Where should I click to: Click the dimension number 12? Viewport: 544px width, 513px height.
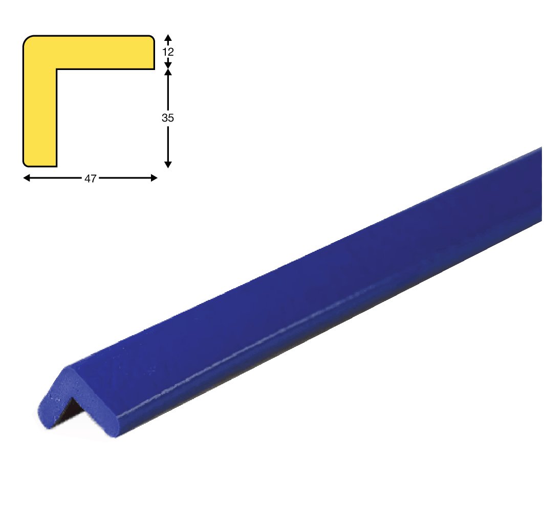(168, 52)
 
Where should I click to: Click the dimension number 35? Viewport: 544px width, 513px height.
(167, 118)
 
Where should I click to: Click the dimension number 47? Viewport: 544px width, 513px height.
(90, 179)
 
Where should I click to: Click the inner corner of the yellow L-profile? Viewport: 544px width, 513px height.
(57, 69)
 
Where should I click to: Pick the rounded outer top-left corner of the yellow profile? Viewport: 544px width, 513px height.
(27, 39)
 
